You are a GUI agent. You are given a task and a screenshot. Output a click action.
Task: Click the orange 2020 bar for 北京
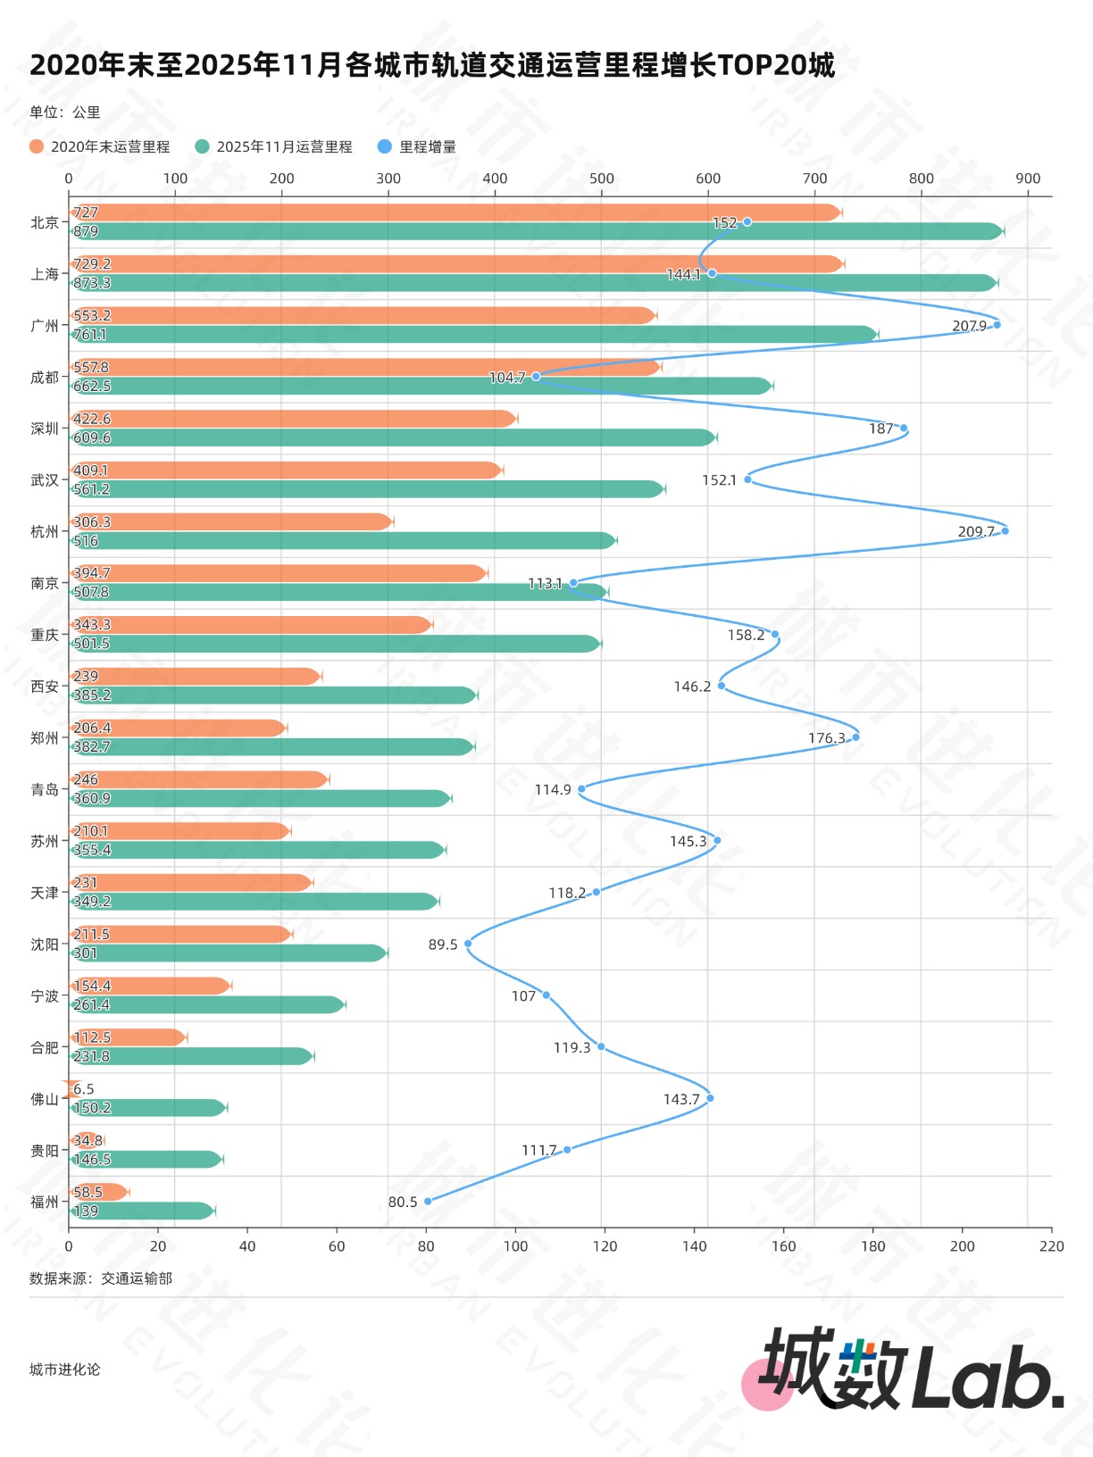click(x=455, y=212)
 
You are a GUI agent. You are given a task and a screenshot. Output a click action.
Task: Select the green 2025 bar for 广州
click(x=473, y=334)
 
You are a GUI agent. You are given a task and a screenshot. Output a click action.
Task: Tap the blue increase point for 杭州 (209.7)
click(x=1005, y=531)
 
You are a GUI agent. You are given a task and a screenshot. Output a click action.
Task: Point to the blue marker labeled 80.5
click(x=428, y=1201)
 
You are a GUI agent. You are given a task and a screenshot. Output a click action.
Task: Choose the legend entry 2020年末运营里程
click(x=100, y=146)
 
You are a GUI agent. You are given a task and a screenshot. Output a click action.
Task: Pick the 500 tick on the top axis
click(x=601, y=179)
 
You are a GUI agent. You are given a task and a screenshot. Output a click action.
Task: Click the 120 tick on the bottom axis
click(x=605, y=1246)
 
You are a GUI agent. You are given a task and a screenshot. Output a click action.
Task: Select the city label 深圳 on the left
click(x=45, y=429)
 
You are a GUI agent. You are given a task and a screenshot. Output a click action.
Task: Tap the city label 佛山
click(x=45, y=1099)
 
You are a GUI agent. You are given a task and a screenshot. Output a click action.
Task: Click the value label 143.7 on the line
click(x=681, y=1099)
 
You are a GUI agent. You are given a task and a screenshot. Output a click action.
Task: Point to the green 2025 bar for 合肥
click(x=192, y=1056)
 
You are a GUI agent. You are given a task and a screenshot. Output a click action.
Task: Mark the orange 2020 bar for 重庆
click(x=251, y=625)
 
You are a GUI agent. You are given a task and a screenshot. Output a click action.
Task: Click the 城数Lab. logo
click(x=902, y=1370)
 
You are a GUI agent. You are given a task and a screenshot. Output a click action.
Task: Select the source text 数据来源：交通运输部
click(x=101, y=1278)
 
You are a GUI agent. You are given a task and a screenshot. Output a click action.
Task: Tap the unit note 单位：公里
click(x=64, y=112)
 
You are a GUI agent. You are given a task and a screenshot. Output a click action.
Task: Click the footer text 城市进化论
click(x=64, y=1370)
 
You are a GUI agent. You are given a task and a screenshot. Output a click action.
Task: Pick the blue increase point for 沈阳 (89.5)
click(x=468, y=944)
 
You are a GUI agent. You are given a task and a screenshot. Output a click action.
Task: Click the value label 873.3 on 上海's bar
click(x=92, y=283)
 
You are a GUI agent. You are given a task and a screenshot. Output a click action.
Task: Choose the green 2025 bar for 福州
click(x=143, y=1211)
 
